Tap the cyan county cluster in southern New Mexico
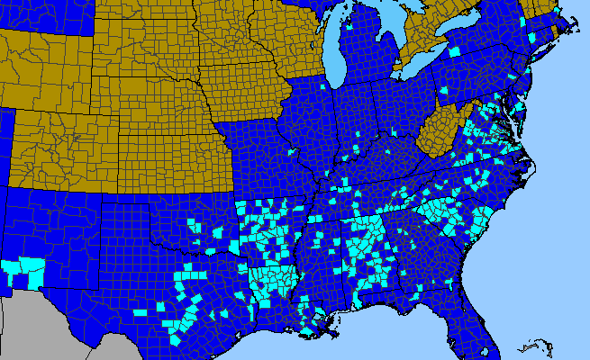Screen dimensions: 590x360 [x=26, y=269]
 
